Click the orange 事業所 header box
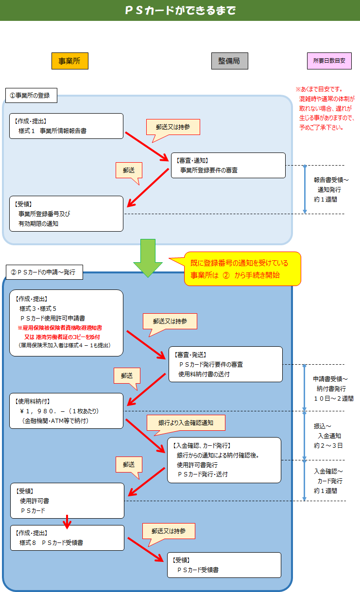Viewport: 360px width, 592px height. [x=69, y=61]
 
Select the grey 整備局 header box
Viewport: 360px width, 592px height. [x=229, y=61]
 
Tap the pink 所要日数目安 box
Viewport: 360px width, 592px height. [x=329, y=61]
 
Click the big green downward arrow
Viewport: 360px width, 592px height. [x=148, y=257]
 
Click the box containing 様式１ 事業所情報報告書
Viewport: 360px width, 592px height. [x=66, y=126]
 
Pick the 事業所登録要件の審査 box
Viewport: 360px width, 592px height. [x=228, y=165]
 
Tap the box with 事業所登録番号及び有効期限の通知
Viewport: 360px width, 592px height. [x=66, y=214]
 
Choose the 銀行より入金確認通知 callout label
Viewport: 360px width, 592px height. [x=186, y=423]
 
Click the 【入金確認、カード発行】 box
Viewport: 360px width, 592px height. [x=224, y=460]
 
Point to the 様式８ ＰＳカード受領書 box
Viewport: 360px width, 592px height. [x=67, y=538]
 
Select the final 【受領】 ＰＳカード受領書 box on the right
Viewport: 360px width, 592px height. [x=224, y=565]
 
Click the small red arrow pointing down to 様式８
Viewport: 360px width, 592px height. [x=68, y=521]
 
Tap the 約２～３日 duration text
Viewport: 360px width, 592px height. [x=328, y=445]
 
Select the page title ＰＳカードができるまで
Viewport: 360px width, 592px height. [x=180, y=10]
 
